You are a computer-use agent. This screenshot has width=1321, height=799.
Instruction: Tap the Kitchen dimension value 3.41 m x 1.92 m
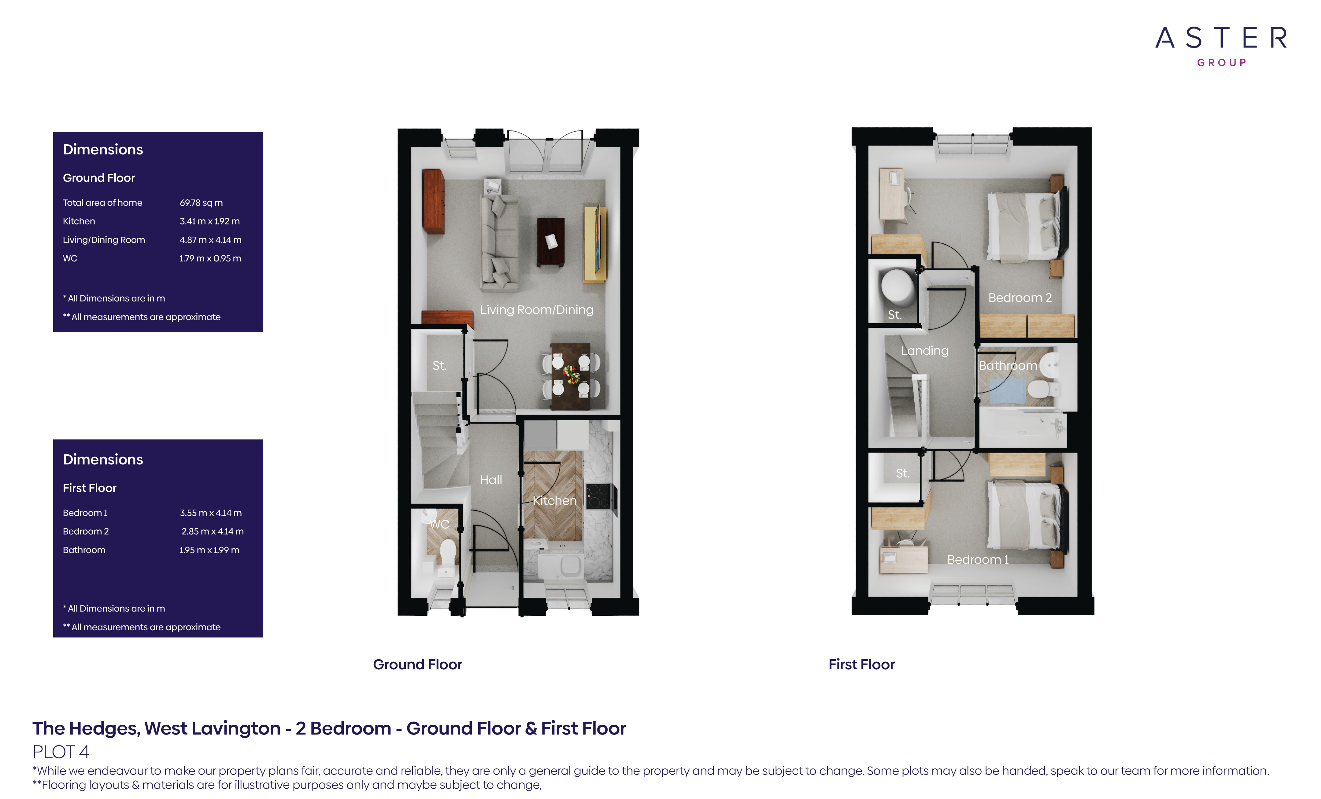[x=210, y=221]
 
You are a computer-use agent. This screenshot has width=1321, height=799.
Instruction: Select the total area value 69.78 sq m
[x=201, y=203]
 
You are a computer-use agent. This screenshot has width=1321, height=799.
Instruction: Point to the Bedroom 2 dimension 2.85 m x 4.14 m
[x=212, y=531]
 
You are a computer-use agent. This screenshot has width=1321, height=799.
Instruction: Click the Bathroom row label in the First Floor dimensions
[x=84, y=550]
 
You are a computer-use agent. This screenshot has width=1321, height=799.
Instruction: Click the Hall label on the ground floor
[x=491, y=480]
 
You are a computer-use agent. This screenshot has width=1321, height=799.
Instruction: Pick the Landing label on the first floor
[x=924, y=351]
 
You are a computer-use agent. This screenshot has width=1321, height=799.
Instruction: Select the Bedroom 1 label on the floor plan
[x=978, y=560]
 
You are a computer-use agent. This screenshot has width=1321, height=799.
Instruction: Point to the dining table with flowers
[x=570, y=375]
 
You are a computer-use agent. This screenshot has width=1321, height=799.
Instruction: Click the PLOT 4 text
[x=61, y=752]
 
